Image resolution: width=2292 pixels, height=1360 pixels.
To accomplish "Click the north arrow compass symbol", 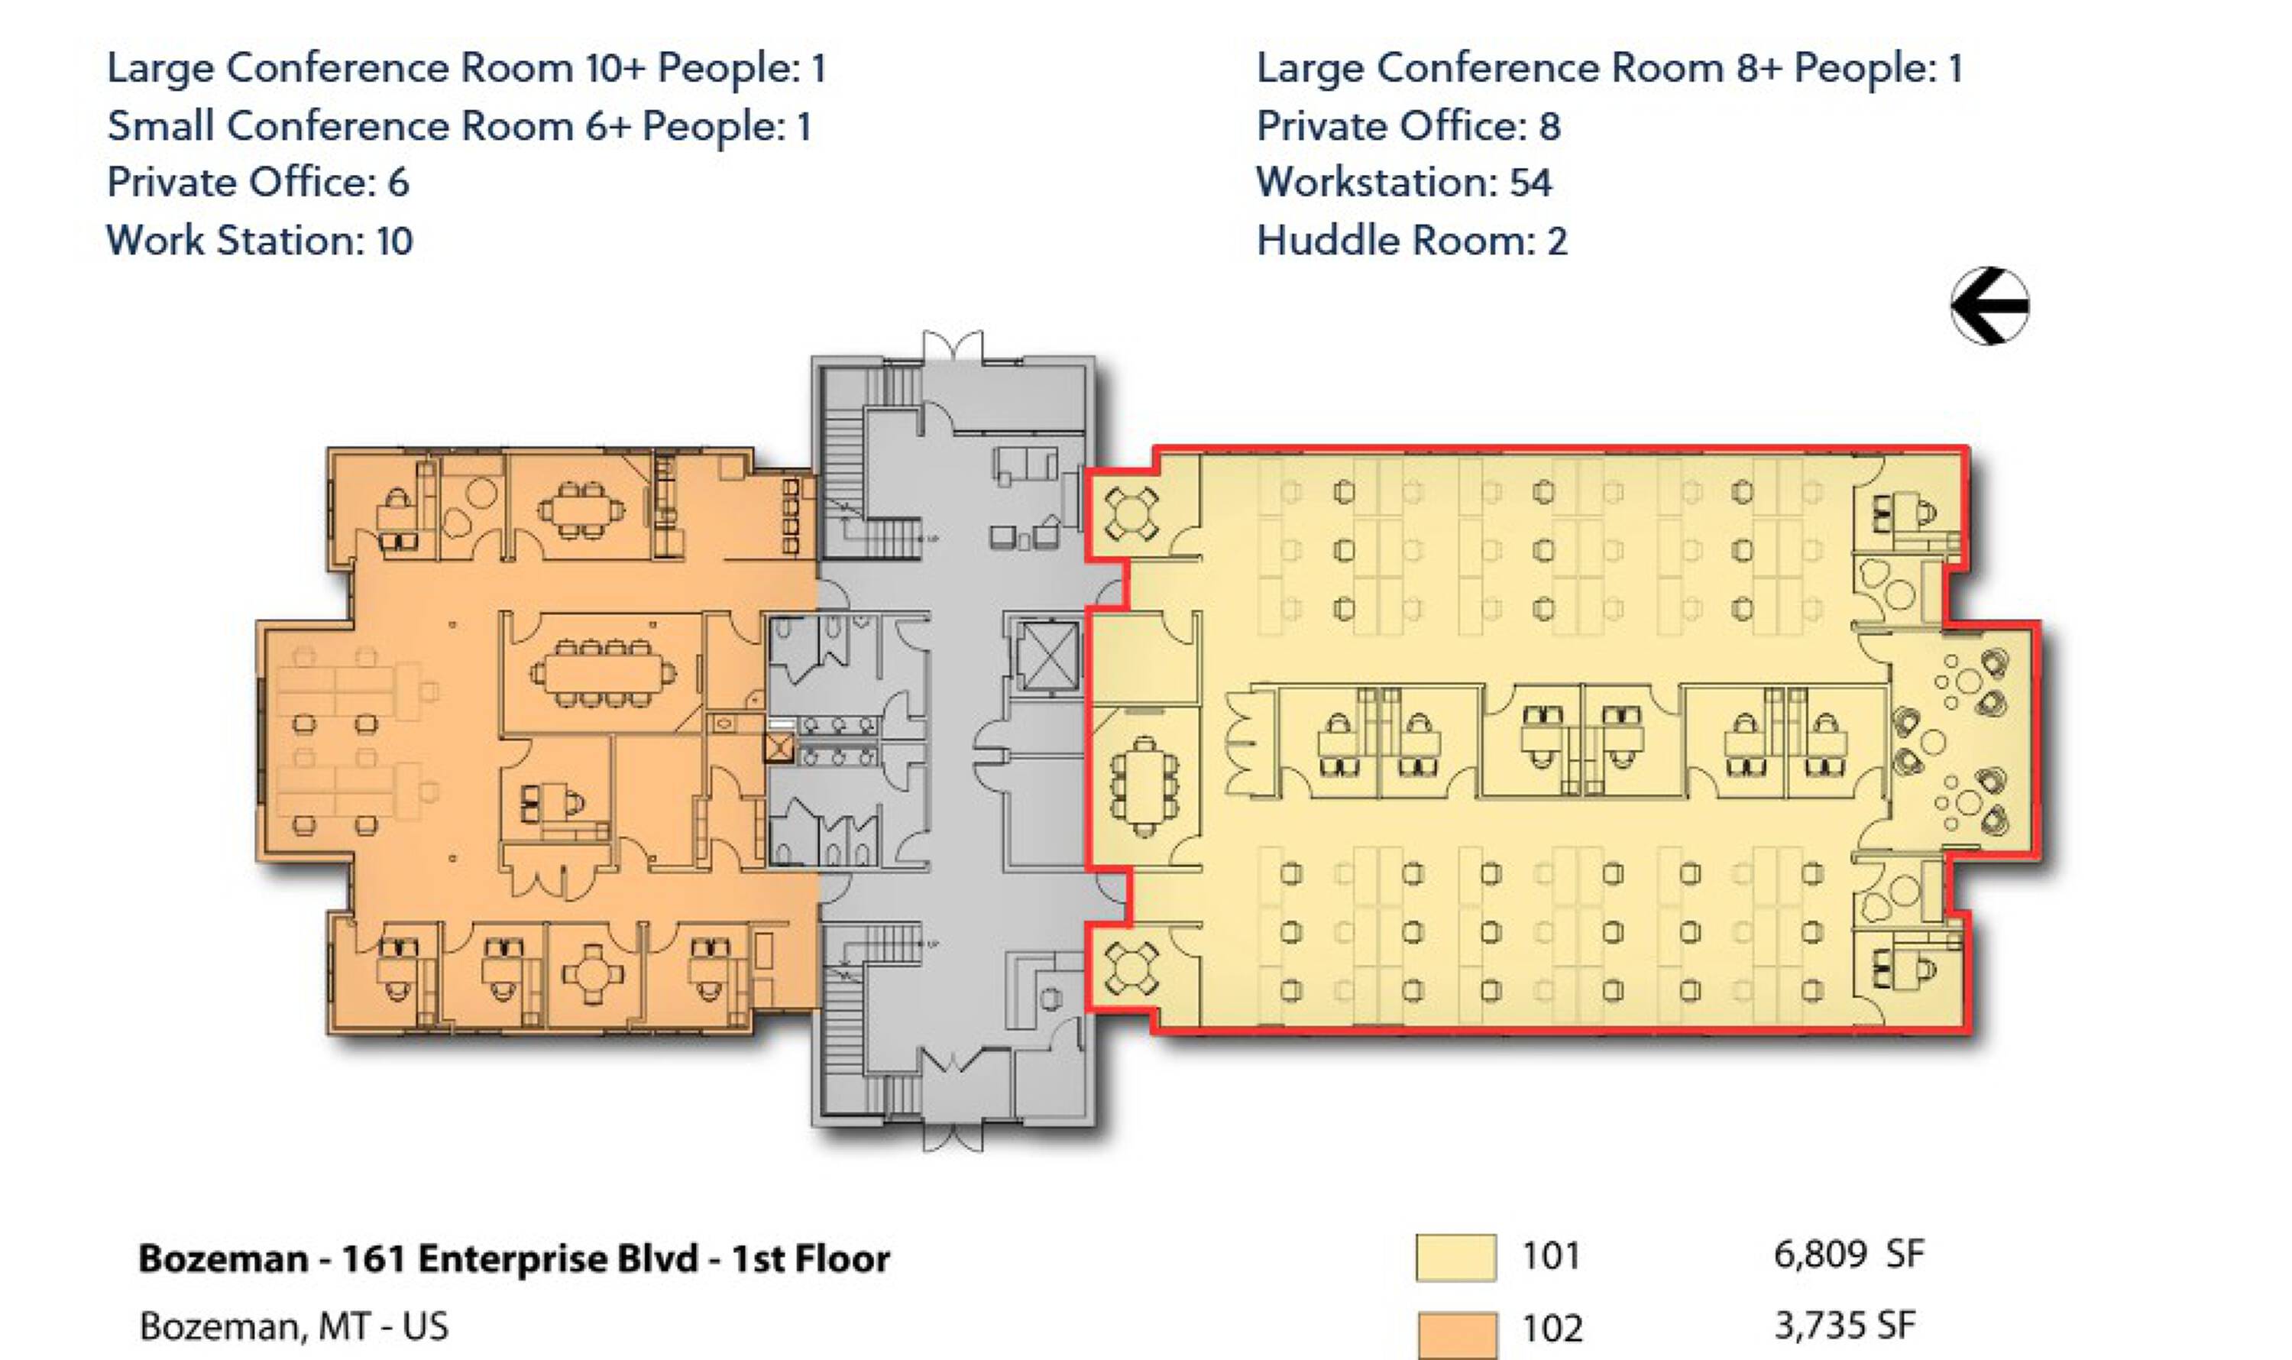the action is click(1989, 306).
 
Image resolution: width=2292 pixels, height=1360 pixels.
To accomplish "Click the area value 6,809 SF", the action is click(1848, 1254).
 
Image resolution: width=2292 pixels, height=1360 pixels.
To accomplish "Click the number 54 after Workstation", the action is click(1530, 183).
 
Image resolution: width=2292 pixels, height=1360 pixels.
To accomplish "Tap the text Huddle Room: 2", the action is click(1411, 240).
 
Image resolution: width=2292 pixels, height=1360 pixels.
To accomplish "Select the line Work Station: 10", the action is click(261, 240).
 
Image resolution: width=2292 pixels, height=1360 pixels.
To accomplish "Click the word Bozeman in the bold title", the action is click(222, 1258).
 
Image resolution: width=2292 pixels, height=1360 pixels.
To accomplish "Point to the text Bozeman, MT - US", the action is click(294, 1326).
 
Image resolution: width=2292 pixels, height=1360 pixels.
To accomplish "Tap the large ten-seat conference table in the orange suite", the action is click(602, 674).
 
